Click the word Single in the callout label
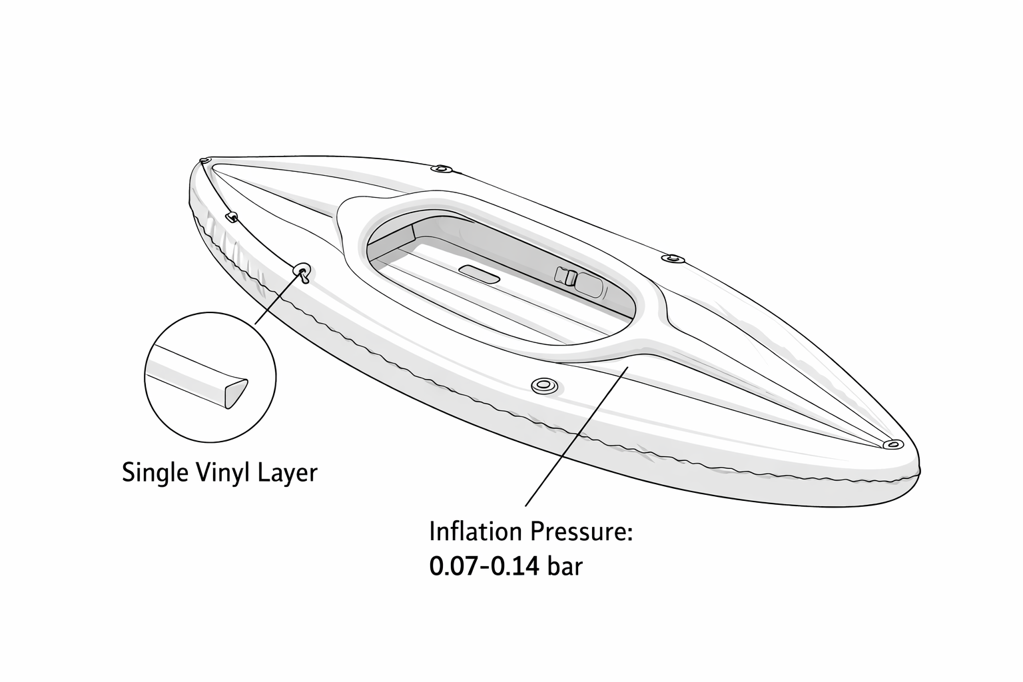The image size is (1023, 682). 155,474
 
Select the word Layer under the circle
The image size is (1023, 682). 290,474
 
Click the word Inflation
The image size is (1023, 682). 475,532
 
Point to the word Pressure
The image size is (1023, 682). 580,532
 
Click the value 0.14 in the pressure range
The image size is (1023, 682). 515,567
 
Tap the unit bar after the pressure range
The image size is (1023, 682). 565,567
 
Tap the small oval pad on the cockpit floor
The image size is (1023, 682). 478,274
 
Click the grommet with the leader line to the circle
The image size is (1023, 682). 302,270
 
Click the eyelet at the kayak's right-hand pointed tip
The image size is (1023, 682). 891,444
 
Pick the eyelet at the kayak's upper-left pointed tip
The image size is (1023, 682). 204,161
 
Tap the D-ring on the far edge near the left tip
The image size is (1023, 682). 440,169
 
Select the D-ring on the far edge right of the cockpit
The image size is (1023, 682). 673,257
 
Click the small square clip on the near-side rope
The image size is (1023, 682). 232,216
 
